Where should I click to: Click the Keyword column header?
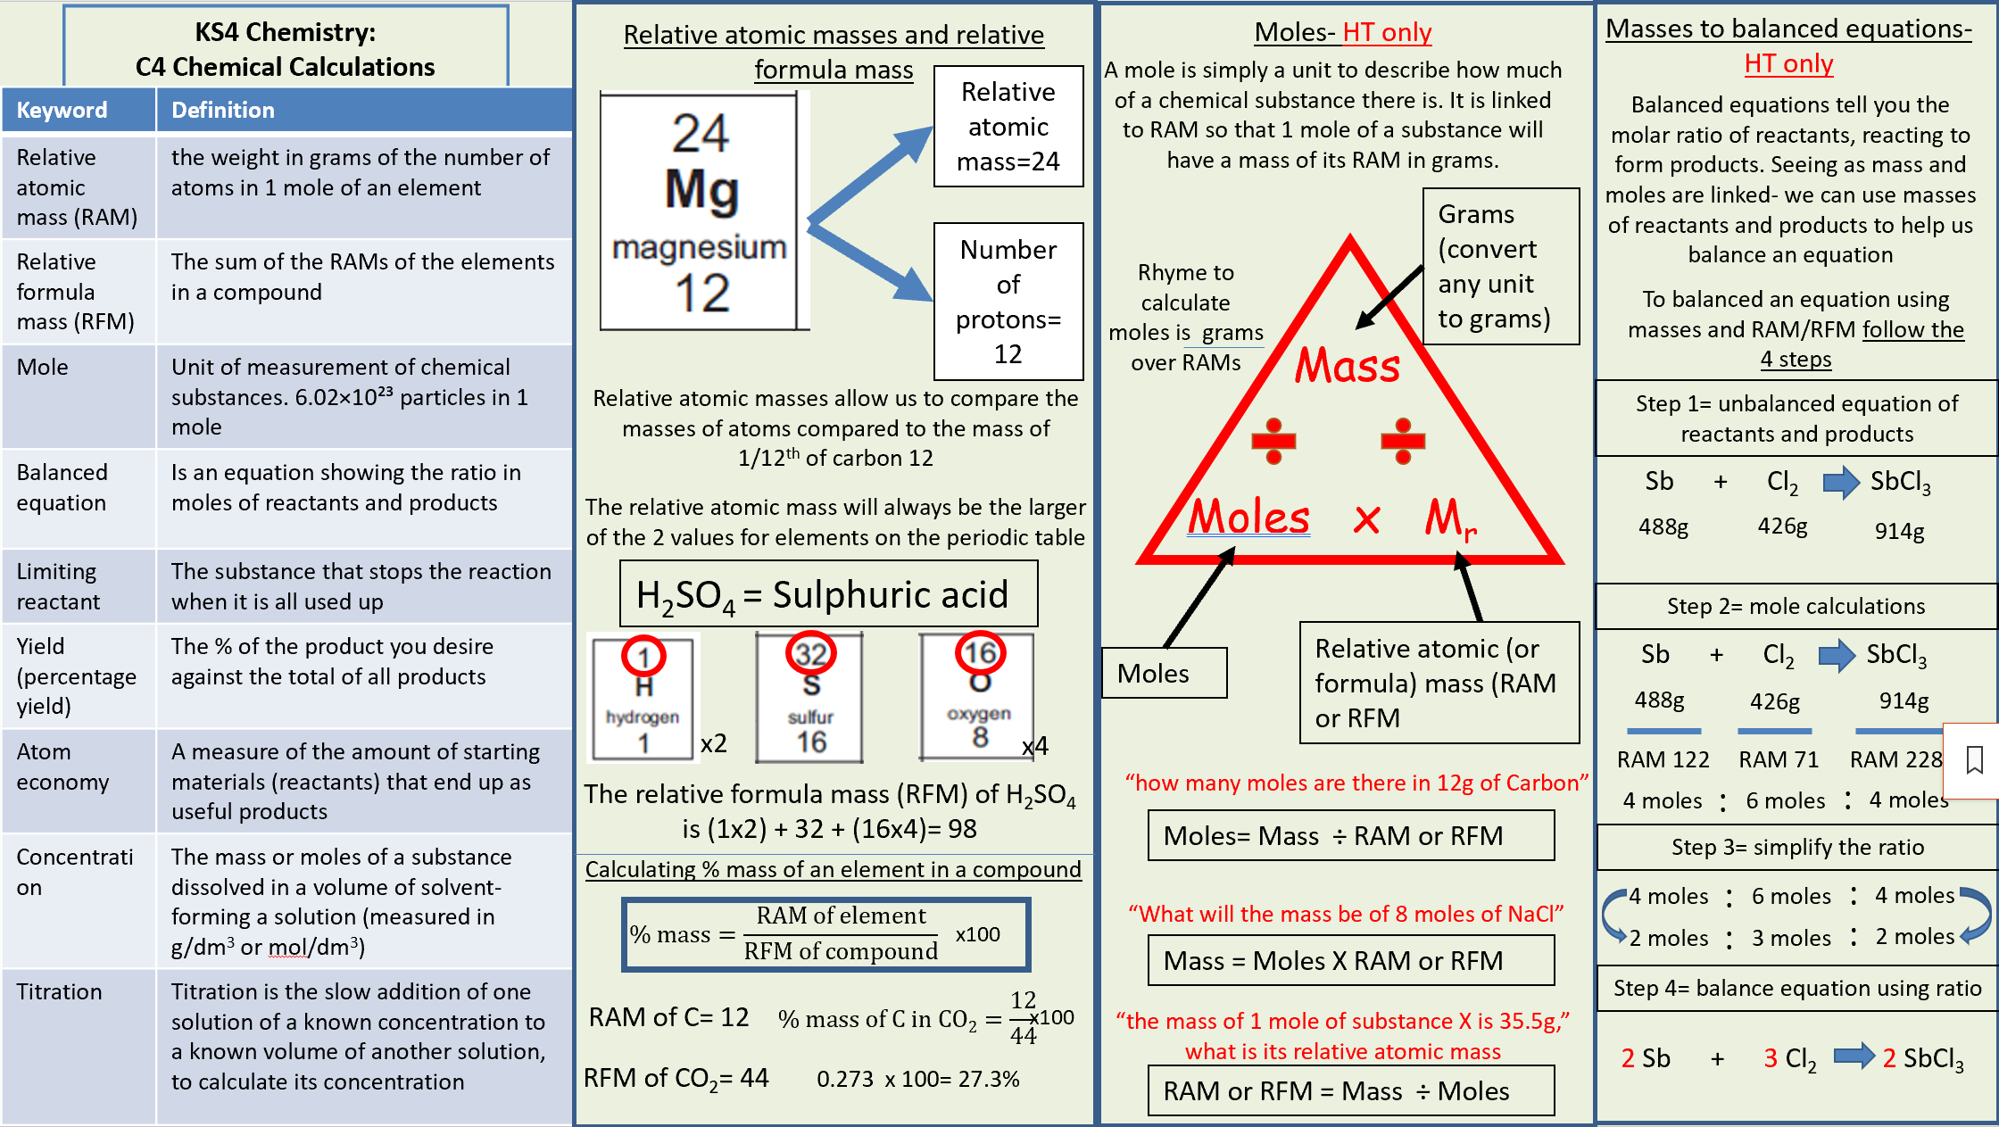[62, 110]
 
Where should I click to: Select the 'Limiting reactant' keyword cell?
[59, 586]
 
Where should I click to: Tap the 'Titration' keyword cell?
[60, 991]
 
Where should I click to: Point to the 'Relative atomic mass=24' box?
[1008, 127]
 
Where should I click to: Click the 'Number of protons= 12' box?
[1008, 302]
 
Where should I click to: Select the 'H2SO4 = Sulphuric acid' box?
[828, 594]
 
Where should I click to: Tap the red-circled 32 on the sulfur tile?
[810, 654]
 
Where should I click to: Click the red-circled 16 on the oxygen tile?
[980, 653]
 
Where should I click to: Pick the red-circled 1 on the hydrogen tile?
[643, 658]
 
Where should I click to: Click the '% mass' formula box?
[826, 933]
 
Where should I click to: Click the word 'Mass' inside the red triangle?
[1348, 366]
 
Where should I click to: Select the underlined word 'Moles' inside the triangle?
[1248, 517]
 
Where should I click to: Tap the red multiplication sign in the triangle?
[1366, 519]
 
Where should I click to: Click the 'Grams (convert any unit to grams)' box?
[1500, 266]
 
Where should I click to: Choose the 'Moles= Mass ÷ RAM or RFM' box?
[1350, 836]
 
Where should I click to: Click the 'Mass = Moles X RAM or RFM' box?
[1350, 960]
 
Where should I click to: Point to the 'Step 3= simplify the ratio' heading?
[1796, 847]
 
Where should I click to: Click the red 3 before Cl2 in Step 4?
[1771, 1058]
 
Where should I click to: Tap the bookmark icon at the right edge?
[1974, 760]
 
